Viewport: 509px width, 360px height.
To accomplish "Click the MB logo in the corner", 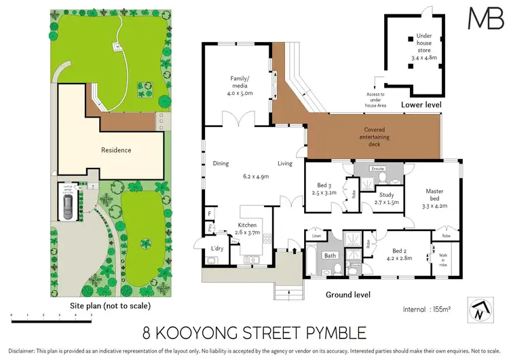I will coord(480,18).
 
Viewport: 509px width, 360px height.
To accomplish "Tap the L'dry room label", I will coord(217,249).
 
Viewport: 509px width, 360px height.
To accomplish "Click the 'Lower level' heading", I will coord(421,105).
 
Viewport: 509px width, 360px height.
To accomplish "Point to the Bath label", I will coord(331,256).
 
